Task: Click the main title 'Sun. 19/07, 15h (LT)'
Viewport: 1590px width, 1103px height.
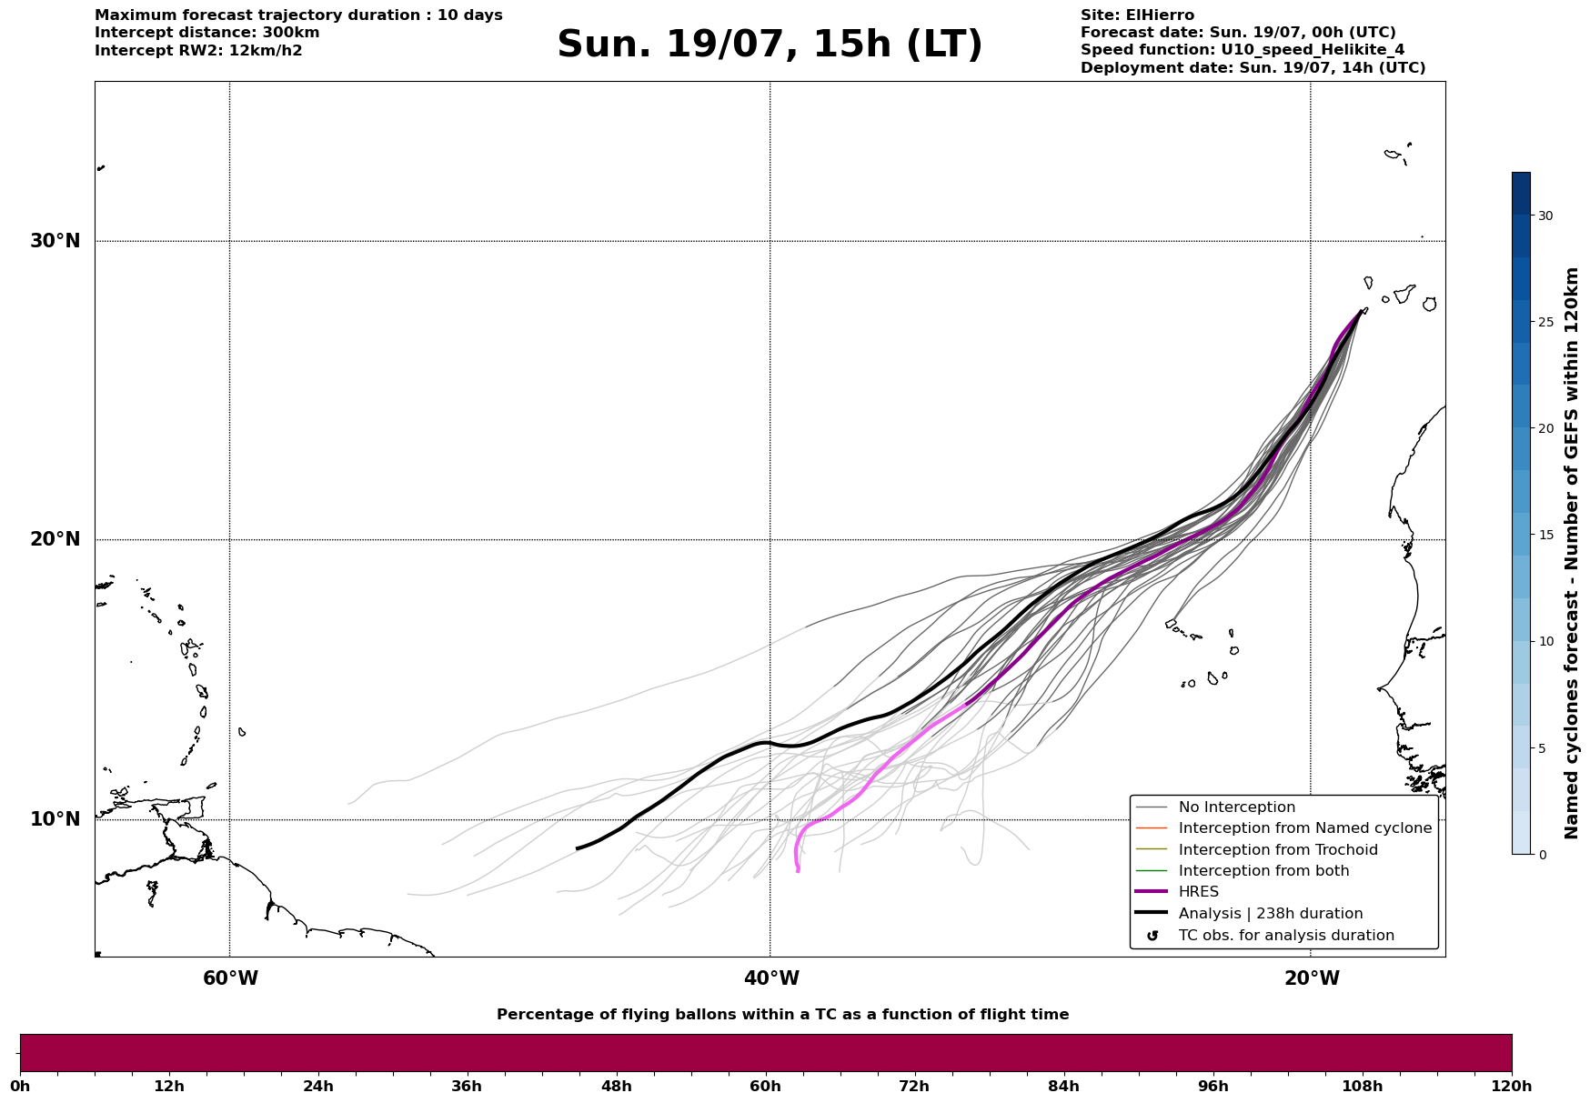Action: click(x=770, y=45)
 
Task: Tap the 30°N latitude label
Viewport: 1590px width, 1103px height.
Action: click(x=55, y=241)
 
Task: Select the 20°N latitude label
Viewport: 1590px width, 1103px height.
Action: click(x=55, y=539)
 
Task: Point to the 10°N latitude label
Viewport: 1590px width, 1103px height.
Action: click(x=55, y=819)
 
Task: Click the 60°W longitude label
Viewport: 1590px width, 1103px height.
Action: click(x=230, y=978)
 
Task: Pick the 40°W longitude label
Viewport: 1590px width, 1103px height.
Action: click(x=771, y=978)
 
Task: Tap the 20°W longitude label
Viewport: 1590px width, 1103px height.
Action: click(x=1312, y=978)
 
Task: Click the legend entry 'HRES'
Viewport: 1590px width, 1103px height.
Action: click(x=1198, y=892)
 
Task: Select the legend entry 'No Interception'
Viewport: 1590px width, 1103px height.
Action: click(x=1236, y=807)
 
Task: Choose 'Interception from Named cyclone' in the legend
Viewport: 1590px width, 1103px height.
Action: click(x=1304, y=828)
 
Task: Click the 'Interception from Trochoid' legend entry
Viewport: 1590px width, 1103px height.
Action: click(x=1277, y=850)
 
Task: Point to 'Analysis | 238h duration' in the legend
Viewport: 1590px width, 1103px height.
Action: click(x=1270, y=914)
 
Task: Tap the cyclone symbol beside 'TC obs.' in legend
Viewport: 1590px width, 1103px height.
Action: click(x=1152, y=936)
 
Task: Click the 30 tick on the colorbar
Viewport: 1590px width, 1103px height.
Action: click(x=1545, y=216)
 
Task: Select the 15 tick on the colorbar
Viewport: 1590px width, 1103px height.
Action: click(x=1545, y=535)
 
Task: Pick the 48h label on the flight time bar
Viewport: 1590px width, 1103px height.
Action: click(x=616, y=1086)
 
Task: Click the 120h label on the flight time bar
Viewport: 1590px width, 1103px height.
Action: click(x=1511, y=1086)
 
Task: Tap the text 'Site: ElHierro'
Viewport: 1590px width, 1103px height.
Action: click(x=1137, y=15)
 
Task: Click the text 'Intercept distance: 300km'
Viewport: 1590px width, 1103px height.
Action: click(x=207, y=33)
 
